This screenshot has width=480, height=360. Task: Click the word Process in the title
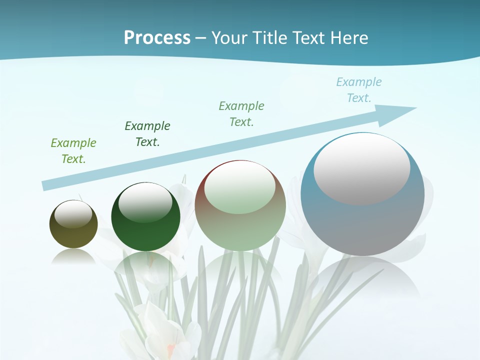click(x=157, y=38)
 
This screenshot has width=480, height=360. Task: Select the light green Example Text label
click(x=73, y=151)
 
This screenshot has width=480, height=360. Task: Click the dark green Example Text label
click(x=147, y=134)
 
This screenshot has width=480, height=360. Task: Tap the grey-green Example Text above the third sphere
click(x=241, y=114)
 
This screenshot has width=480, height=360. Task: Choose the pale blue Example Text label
click(x=359, y=90)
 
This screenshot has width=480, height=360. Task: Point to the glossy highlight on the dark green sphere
click(x=145, y=202)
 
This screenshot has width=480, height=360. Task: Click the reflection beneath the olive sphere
click(x=73, y=256)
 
